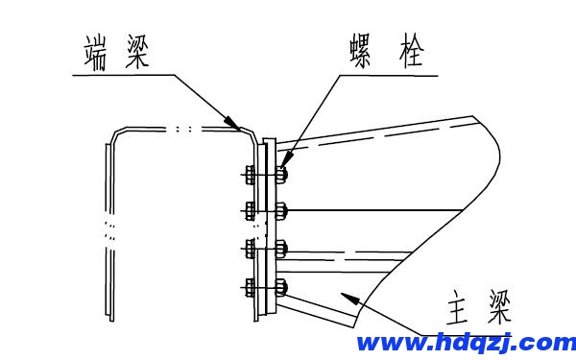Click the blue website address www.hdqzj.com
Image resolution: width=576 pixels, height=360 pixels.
[466, 343]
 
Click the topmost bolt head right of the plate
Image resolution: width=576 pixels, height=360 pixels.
[281, 175]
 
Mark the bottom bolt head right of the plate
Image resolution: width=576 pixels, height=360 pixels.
[281, 285]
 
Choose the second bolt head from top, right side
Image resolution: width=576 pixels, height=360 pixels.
[281, 209]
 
